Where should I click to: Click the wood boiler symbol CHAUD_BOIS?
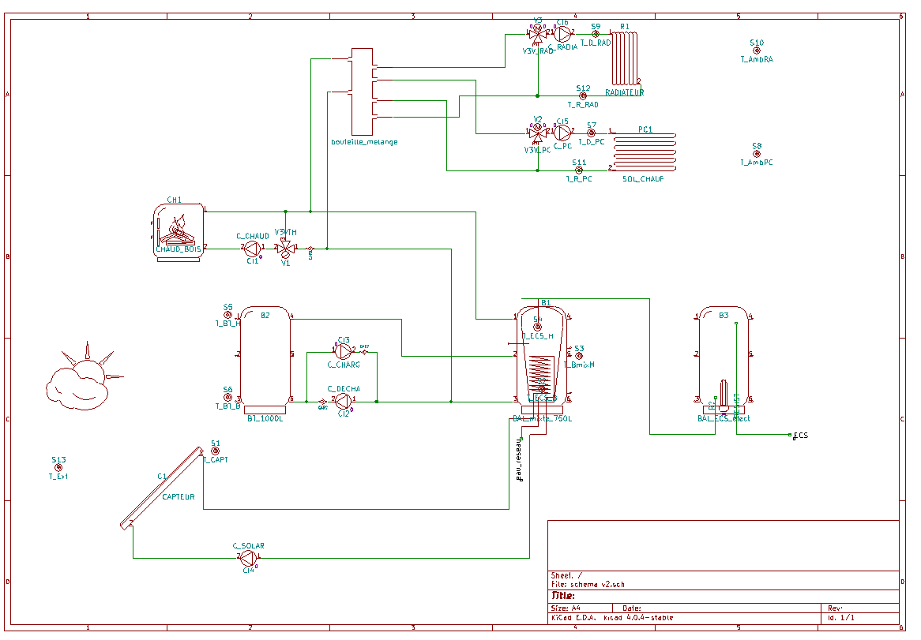(179, 230)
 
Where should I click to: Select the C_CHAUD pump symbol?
(253, 248)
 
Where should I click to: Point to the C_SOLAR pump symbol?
(248, 558)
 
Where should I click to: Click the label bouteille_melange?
(364, 142)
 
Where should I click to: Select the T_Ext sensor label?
(58, 477)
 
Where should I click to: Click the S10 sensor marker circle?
(757, 51)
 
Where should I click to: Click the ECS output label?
(801, 436)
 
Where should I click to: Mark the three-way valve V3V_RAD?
(537, 33)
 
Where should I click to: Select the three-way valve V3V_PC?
(537, 132)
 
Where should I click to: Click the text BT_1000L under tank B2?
(265, 418)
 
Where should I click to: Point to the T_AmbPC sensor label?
(756, 163)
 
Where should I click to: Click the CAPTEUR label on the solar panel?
(179, 497)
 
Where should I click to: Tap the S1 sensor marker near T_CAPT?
(215, 451)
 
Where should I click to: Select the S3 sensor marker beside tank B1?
(579, 356)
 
